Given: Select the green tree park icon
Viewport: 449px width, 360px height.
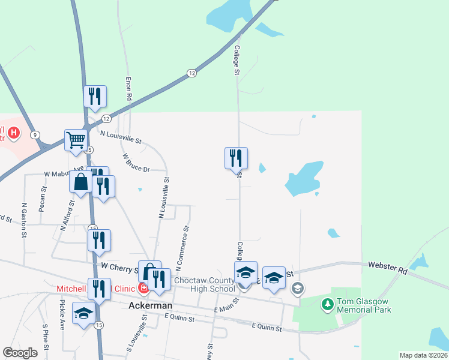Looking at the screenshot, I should click(327, 305).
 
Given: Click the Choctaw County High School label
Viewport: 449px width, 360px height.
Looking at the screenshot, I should click(205, 284).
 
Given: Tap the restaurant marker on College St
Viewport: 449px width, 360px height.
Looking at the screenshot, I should click(236, 159).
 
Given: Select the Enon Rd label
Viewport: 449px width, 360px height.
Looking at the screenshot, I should click(128, 88).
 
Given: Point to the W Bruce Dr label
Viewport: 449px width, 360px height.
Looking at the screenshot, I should click(136, 163).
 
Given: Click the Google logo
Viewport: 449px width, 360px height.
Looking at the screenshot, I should click(20, 353).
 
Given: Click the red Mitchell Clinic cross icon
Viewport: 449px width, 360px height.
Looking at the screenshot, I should click(143, 289).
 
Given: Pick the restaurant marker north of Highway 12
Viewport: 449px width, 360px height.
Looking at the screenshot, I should click(95, 97).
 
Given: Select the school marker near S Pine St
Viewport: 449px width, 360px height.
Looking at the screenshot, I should click(83, 313).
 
